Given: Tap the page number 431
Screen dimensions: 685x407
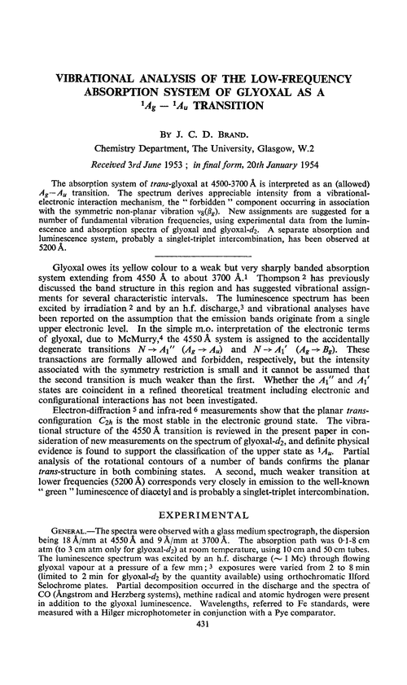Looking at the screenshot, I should [x=203, y=668].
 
